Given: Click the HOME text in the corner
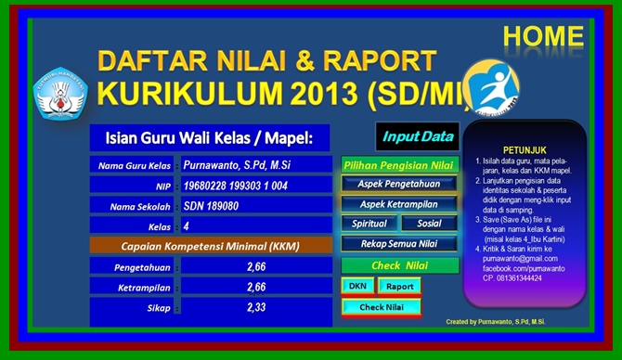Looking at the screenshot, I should (x=544, y=36).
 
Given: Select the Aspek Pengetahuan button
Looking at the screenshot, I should (x=399, y=184).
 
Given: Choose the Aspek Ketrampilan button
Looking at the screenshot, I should (x=399, y=203).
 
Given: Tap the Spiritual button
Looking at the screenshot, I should (x=369, y=224).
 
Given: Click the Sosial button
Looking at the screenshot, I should (x=429, y=224).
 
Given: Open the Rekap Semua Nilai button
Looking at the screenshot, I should (x=399, y=244).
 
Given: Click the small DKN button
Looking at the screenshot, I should (x=356, y=287).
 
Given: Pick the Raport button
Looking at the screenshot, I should (x=399, y=287).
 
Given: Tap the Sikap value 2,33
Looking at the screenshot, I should (x=256, y=307).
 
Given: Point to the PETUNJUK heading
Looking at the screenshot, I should (x=525, y=148).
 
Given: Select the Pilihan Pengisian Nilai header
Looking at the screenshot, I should (x=399, y=164).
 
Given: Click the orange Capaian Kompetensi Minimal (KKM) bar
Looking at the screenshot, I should (x=211, y=246).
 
